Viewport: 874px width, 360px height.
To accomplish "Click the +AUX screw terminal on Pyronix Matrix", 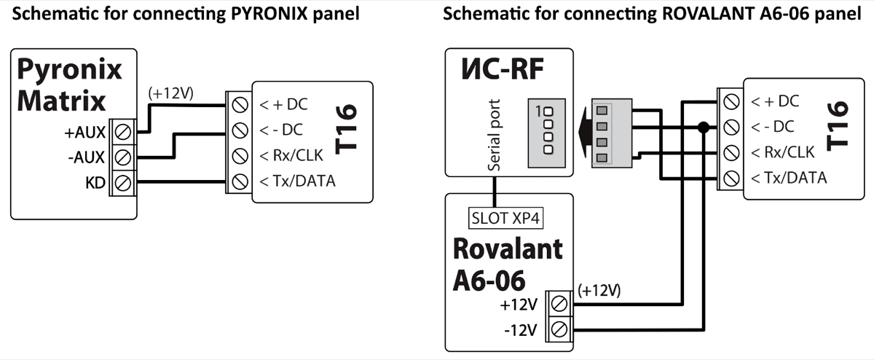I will pos(122,132).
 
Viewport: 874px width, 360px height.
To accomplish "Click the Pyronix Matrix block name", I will pos(70,85).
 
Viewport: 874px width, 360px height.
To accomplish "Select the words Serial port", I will pos(495,135).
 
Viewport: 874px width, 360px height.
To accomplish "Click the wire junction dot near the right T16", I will pos(703,128).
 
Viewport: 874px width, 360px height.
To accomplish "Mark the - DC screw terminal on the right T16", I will pos(729,128).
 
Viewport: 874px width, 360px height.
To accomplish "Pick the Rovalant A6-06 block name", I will pos(508,264).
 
